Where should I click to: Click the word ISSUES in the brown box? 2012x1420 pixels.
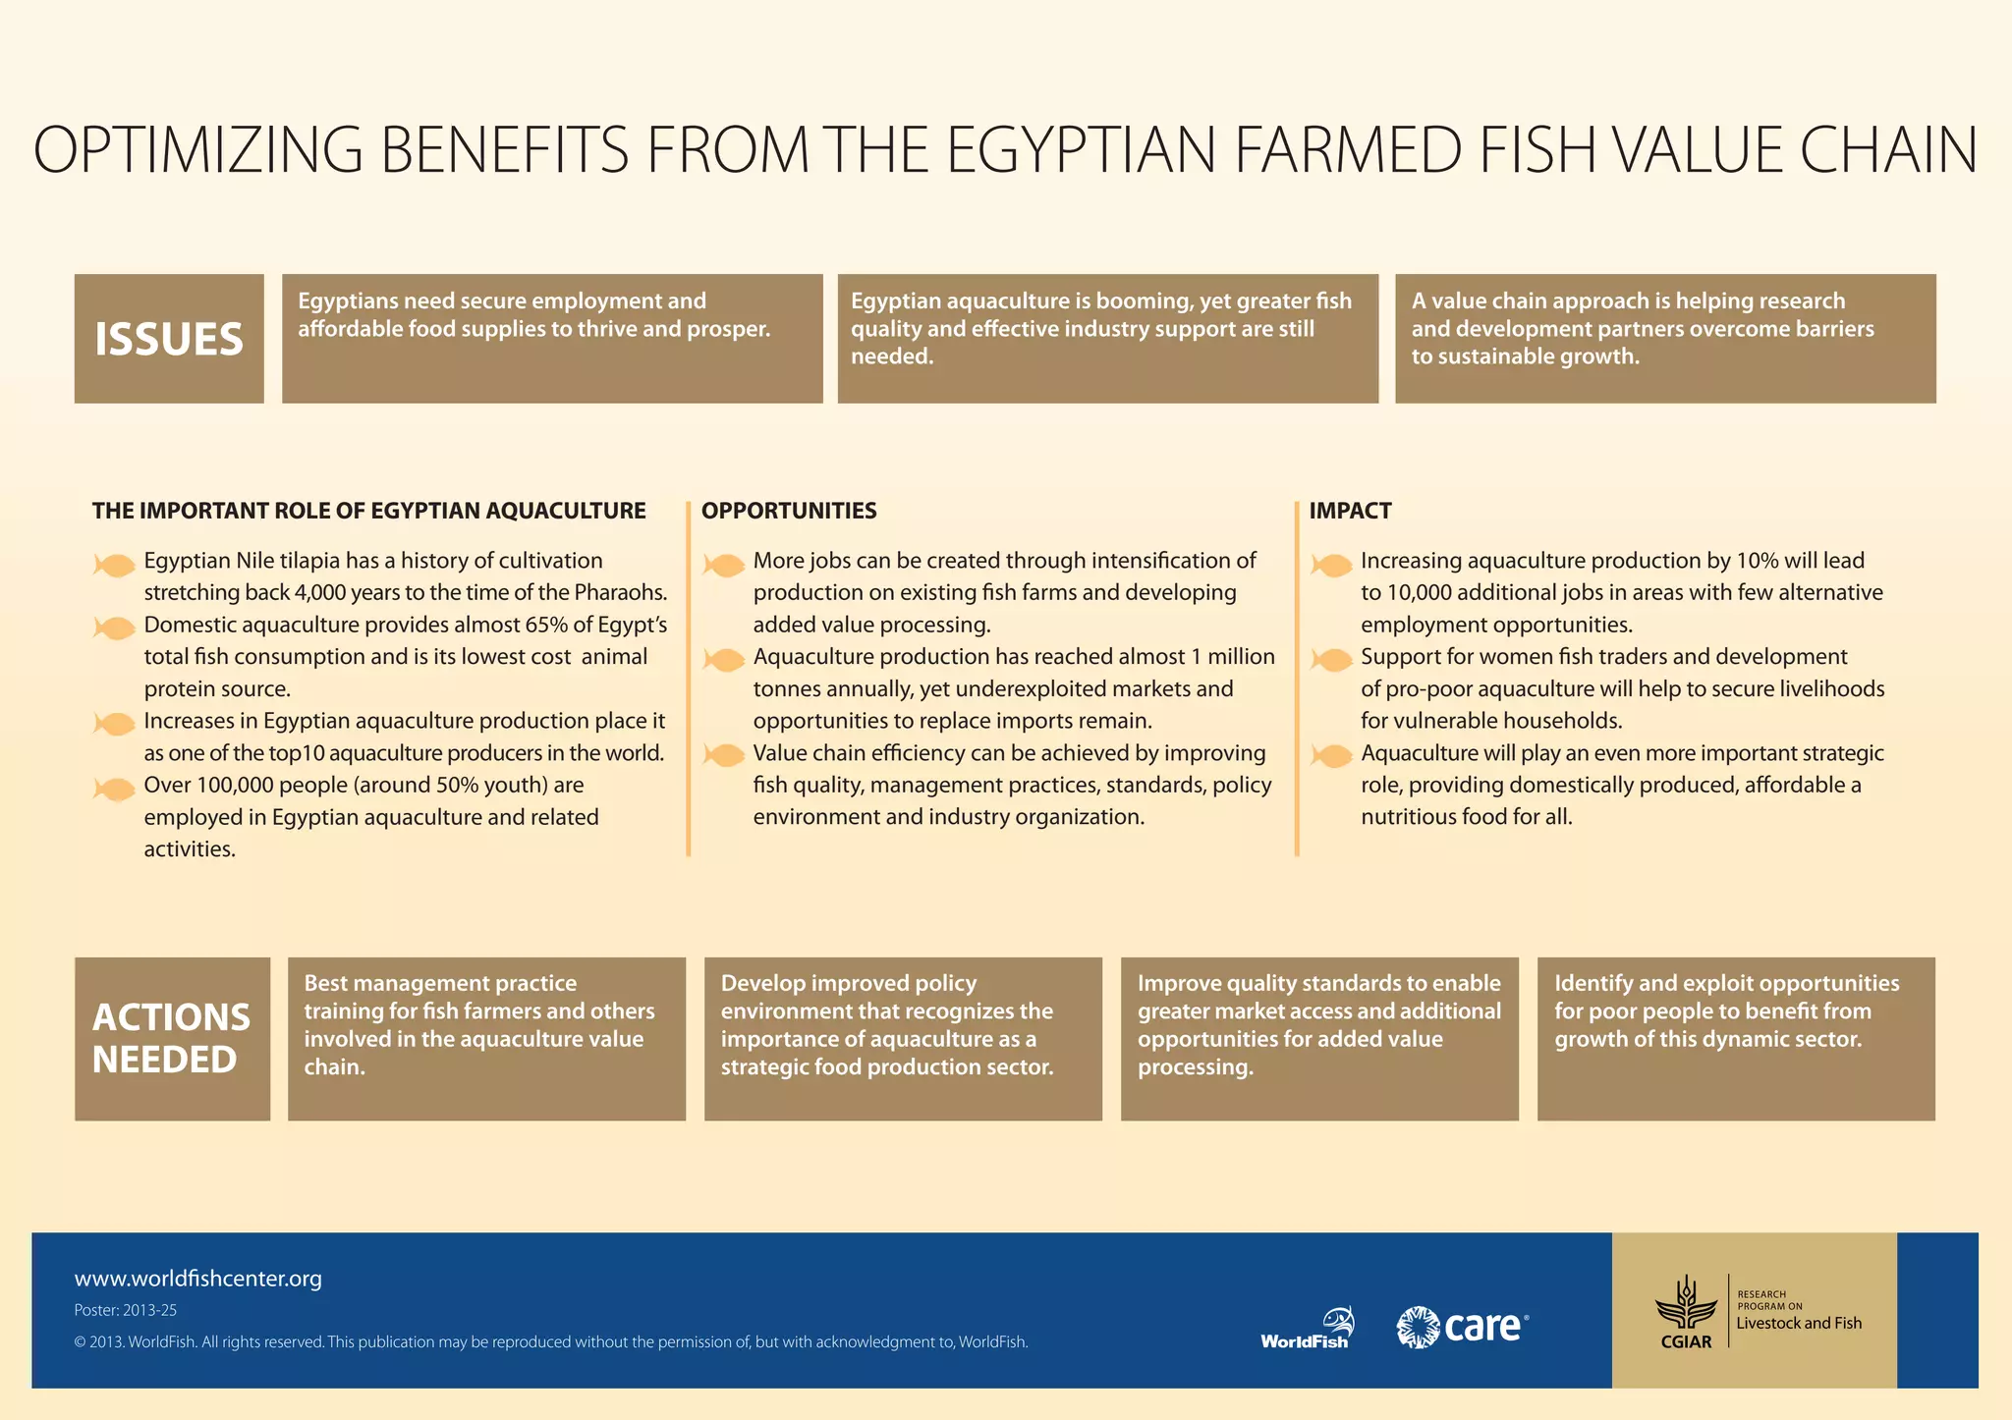169,340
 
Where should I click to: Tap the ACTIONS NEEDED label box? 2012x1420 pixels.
172,1039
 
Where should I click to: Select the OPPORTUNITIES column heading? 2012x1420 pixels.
789,511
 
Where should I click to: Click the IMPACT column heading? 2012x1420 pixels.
1350,511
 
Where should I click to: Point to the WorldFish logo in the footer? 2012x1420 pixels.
1308,1328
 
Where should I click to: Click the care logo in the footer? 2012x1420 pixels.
1463,1327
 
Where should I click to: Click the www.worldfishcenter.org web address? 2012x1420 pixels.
198,1279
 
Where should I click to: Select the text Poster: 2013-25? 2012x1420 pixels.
126,1310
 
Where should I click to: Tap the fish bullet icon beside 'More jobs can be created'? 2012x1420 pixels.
724,565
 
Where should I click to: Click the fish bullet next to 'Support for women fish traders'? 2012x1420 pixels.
1331,660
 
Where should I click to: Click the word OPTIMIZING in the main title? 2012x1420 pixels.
197,150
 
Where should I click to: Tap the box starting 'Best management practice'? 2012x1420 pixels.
486,1039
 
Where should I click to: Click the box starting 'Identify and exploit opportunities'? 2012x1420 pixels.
1736,1039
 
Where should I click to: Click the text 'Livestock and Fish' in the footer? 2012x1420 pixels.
1799,1323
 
